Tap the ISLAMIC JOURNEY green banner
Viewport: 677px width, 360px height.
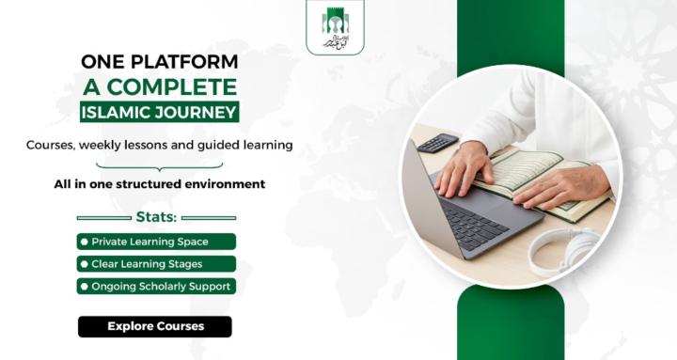[x=159, y=113]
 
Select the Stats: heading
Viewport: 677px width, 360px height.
[x=156, y=217]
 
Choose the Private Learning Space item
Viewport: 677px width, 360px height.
[x=156, y=242]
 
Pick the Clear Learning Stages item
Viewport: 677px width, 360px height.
[x=156, y=264]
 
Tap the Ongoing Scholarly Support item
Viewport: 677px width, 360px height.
[x=156, y=287]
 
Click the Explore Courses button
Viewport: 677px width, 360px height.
[x=155, y=326]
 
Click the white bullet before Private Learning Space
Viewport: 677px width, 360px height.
[x=85, y=242]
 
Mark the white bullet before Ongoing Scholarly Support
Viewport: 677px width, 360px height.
[x=85, y=287]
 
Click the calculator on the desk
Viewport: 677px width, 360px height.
[x=437, y=144]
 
